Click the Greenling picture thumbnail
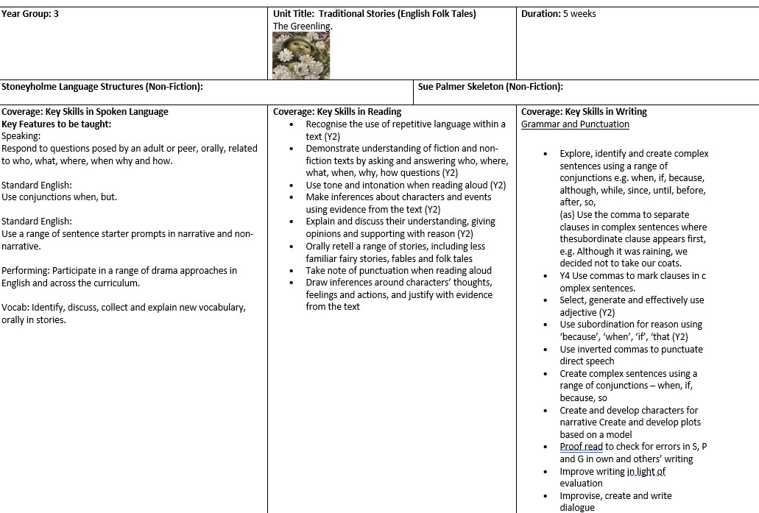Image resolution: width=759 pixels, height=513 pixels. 301,56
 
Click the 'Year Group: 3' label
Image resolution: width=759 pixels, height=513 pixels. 30,14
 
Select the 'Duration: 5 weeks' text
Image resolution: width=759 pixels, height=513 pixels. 558,14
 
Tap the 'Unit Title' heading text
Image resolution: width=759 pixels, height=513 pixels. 294,14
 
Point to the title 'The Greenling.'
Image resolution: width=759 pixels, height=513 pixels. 303,26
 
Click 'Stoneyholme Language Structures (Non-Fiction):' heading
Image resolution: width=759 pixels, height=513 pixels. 102,87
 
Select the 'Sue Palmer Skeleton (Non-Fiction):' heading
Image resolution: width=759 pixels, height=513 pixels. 490,87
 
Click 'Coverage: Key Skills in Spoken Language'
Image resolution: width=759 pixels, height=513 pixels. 85,112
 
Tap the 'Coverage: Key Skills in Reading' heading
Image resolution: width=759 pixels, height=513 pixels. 337,112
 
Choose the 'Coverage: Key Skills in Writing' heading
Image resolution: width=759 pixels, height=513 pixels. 584,112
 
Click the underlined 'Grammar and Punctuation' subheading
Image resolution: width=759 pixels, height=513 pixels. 575,124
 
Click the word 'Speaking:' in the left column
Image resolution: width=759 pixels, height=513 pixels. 21,136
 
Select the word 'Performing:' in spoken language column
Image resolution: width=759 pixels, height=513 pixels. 26,271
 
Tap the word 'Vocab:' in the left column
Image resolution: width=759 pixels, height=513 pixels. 15,308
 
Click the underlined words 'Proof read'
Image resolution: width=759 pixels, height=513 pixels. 581,447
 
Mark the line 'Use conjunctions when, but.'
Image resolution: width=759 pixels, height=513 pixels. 59,197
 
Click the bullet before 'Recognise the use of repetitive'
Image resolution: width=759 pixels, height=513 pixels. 292,124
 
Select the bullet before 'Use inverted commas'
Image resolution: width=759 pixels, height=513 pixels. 545,350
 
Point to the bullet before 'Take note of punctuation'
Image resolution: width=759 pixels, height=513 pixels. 292,271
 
